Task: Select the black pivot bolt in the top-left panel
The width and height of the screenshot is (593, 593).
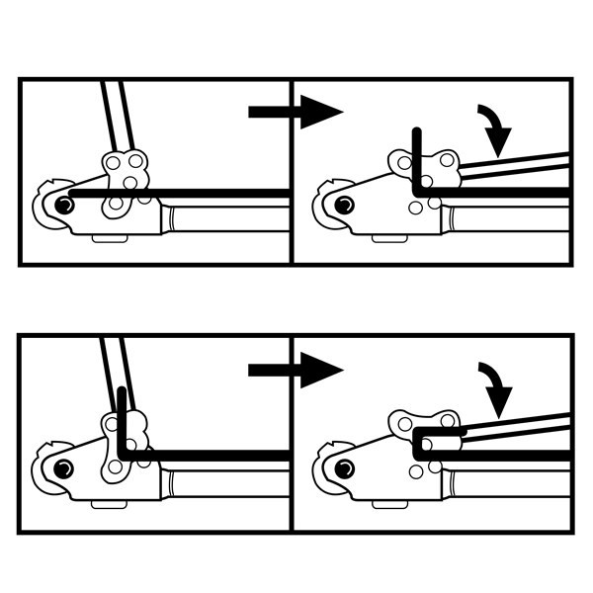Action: click(64, 205)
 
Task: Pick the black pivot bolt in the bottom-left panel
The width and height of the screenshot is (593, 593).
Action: click(64, 466)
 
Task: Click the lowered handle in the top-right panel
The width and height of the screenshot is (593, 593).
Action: click(519, 165)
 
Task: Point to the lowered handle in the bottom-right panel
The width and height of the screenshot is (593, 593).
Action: click(519, 425)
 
